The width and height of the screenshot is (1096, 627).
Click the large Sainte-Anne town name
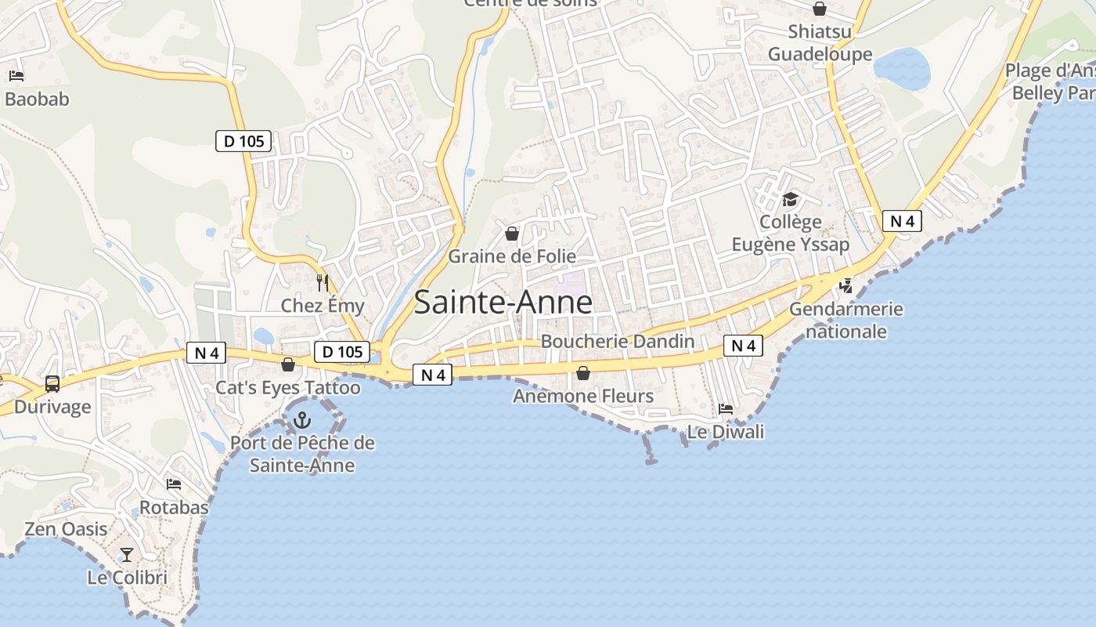(503, 303)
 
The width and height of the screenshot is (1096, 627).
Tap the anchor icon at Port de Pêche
(301, 421)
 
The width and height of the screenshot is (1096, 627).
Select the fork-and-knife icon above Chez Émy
(323, 282)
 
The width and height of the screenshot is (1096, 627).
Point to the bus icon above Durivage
(52, 384)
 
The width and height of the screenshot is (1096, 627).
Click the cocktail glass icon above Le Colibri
(126, 555)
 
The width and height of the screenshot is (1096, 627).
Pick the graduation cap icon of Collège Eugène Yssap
(790, 200)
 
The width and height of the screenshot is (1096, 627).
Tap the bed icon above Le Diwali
(726, 409)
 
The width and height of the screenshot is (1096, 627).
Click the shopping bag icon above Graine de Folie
(512, 234)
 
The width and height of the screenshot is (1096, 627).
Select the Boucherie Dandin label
(618, 341)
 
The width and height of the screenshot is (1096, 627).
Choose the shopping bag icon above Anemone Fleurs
(582, 373)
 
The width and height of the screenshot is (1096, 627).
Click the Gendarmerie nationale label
(846, 320)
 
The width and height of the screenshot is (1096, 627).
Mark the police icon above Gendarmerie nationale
(845, 286)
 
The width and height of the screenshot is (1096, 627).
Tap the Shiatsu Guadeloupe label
(820, 43)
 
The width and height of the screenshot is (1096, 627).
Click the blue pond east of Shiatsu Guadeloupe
(902, 69)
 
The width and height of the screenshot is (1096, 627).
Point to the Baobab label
(37, 100)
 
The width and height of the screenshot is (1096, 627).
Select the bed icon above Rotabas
(174, 484)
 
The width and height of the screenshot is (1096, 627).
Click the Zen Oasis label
(66, 529)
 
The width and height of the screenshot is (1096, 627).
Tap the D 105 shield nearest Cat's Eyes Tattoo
(343, 352)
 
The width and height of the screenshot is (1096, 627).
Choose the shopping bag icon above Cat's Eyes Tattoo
(288, 364)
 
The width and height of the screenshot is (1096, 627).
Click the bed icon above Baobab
(16, 76)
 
